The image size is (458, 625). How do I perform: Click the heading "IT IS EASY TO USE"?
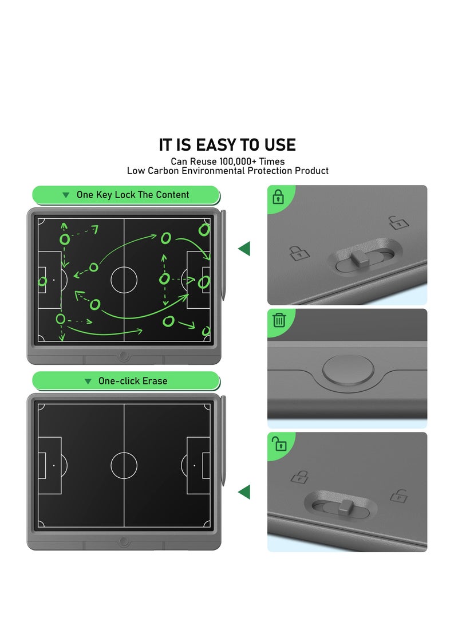click(x=227, y=144)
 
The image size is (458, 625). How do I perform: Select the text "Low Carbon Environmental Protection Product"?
click(x=227, y=171)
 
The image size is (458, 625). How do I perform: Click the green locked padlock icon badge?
click(x=279, y=197)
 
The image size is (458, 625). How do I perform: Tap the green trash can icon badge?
click(x=279, y=320)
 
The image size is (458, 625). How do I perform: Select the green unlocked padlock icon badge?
click(x=279, y=443)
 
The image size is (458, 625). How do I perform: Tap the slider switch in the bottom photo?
click(x=346, y=506)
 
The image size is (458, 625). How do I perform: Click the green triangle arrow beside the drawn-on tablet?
click(x=244, y=249)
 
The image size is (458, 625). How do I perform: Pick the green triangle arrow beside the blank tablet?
click(x=244, y=492)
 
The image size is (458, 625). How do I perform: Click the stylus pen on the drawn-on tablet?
click(x=223, y=254)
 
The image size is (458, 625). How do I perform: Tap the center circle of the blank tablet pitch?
click(x=124, y=465)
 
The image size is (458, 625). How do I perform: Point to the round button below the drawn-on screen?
click(x=124, y=356)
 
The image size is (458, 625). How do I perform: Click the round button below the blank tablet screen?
click(x=124, y=542)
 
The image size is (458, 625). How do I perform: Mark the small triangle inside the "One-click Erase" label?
click(x=88, y=382)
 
